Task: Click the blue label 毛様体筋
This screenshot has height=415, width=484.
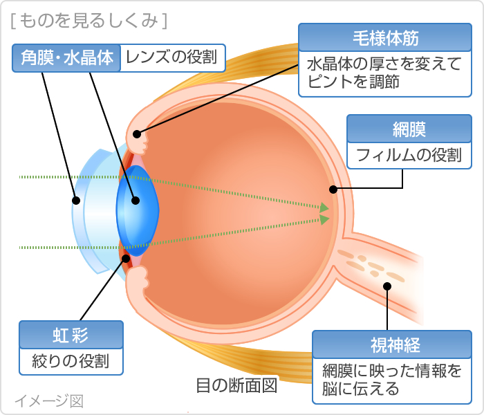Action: pos(385,37)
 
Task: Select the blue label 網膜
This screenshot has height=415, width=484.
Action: pos(409,129)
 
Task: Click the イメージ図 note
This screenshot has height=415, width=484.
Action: pos(49,400)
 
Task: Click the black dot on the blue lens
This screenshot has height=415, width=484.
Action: pos(136,201)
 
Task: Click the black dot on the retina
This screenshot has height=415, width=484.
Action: pos(333,189)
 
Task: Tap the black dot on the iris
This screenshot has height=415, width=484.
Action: pos(126,259)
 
